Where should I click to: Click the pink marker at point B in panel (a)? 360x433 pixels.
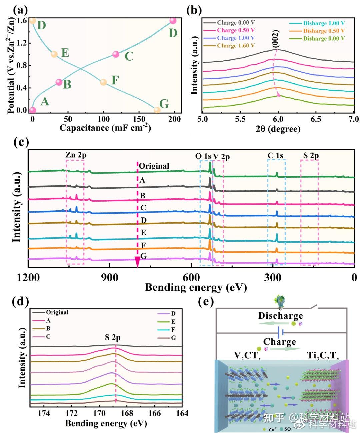(59, 82)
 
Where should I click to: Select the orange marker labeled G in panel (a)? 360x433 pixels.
(157, 110)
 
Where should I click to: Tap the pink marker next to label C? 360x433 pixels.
(116, 54)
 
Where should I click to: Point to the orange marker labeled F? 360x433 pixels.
(103, 82)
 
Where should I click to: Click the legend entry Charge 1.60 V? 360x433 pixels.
(235, 46)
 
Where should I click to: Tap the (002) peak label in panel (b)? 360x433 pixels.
(275, 39)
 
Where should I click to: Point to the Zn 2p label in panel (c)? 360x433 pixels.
(76, 155)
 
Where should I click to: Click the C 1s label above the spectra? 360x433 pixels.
(275, 155)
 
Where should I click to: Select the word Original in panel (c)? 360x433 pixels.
(154, 166)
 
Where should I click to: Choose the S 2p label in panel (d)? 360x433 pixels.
(113, 338)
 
